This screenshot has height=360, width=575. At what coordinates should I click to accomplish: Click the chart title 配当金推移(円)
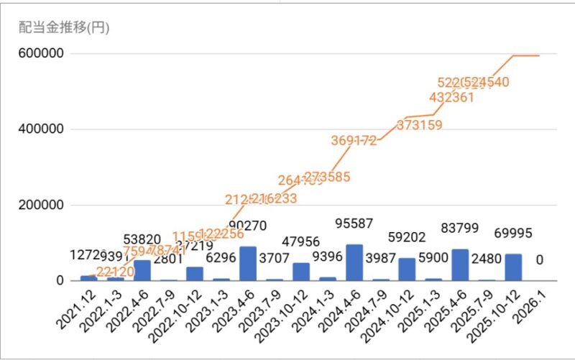coord(63,28)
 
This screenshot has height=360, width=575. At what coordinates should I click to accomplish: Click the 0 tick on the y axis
coord(62,281)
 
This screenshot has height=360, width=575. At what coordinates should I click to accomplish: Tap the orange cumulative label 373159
coord(420,125)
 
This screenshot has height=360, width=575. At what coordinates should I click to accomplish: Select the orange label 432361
coord(451,97)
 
